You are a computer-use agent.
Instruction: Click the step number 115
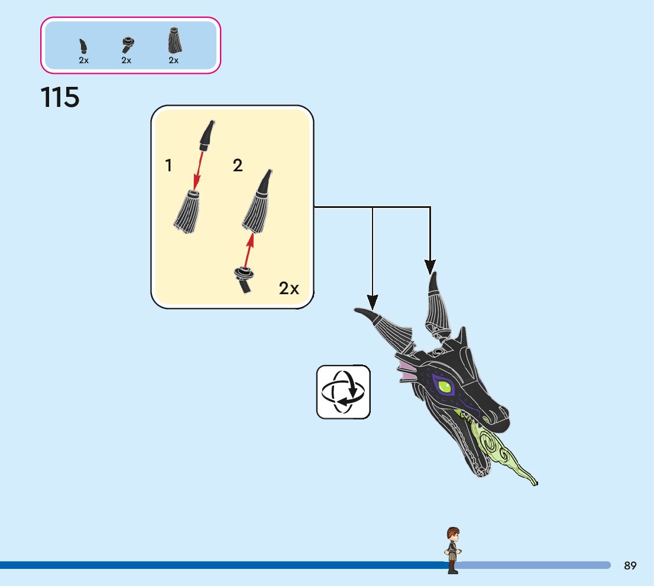(x=60, y=97)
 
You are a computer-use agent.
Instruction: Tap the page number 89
(x=630, y=565)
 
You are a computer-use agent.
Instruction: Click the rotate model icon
(x=343, y=392)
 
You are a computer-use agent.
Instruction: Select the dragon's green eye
(x=445, y=387)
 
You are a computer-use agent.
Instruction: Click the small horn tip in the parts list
(x=83, y=46)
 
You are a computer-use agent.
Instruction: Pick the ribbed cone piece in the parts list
(x=173, y=41)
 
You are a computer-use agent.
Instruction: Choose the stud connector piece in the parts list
(x=127, y=44)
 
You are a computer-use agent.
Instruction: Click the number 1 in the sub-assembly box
(x=169, y=166)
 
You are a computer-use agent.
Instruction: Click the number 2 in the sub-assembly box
(x=238, y=166)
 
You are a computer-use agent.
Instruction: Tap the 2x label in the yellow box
(x=289, y=288)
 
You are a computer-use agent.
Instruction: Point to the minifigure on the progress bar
(x=453, y=549)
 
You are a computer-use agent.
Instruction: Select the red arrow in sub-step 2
(x=250, y=250)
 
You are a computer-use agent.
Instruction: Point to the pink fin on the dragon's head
(x=407, y=371)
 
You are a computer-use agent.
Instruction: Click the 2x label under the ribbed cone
(x=173, y=60)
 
